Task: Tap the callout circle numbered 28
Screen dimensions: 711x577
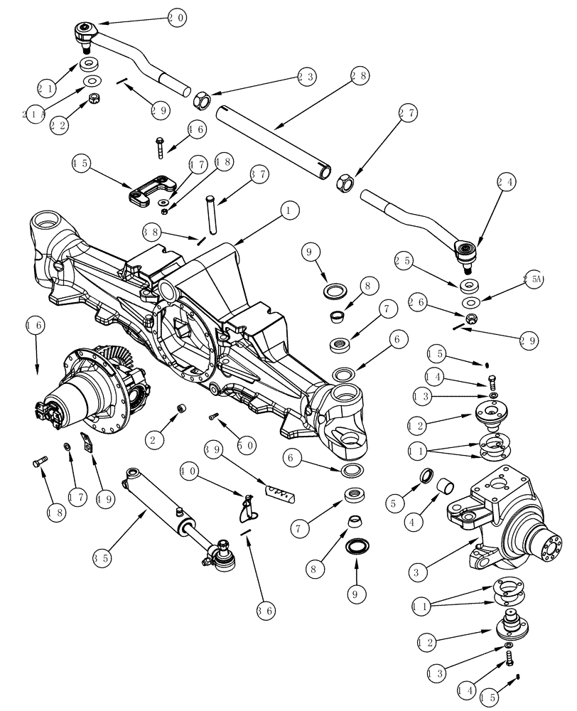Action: [360, 75]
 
